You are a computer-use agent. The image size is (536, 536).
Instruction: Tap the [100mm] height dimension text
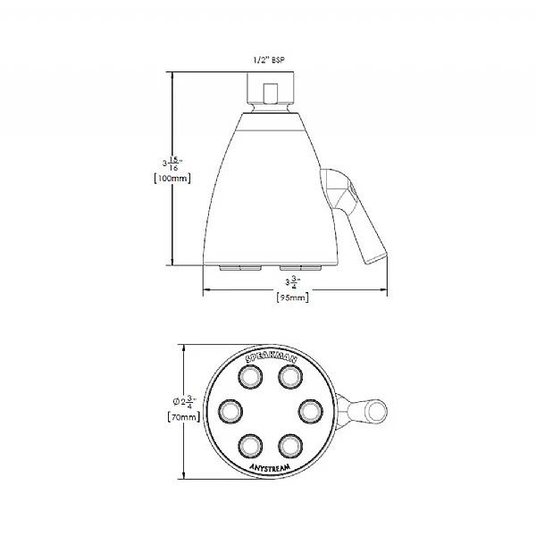pyautogui.click(x=172, y=178)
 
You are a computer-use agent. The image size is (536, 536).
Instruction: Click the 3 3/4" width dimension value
pyautogui.click(x=290, y=283)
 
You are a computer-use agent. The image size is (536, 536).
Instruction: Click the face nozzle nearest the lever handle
pyautogui.click(x=308, y=411)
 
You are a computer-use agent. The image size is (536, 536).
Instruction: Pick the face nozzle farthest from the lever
pyautogui.click(x=231, y=411)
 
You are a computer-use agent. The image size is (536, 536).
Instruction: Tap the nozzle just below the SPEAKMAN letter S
pyautogui.click(x=248, y=378)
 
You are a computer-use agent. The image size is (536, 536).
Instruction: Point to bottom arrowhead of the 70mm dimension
pyautogui.click(x=184, y=480)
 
